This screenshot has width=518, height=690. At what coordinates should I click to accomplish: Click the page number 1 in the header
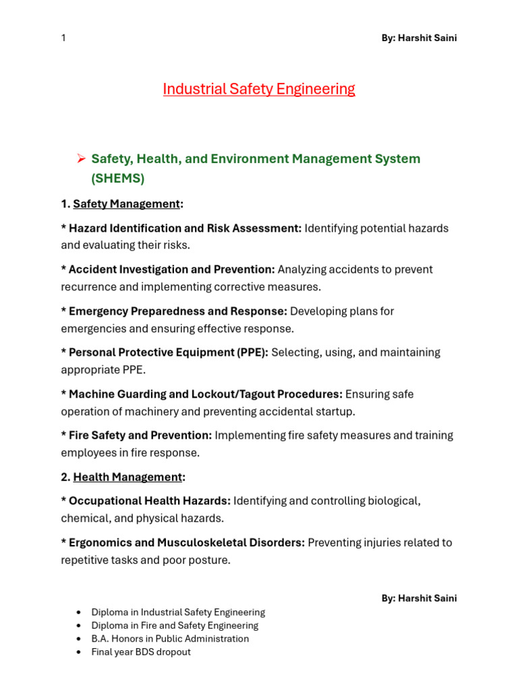click(63, 38)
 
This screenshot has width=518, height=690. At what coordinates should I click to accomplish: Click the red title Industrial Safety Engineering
click(259, 89)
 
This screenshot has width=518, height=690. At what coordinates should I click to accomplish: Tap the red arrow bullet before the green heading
click(80, 159)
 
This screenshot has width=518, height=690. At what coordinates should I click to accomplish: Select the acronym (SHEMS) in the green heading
click(117, 179)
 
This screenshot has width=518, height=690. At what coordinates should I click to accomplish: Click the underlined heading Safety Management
click(126, 203)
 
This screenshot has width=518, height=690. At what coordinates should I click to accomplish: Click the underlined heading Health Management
click(127, 477)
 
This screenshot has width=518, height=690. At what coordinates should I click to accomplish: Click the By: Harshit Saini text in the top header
click(419, 38)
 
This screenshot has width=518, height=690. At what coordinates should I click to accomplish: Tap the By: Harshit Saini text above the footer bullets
click(419, 598)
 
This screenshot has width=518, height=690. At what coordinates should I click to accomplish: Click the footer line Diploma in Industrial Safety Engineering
click(178, 613)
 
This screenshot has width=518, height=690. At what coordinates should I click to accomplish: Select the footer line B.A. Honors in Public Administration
click(170, 639)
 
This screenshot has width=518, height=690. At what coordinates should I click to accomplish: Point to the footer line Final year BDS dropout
click(141, 652)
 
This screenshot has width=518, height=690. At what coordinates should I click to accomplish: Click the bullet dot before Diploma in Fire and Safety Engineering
click(80, 626)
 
